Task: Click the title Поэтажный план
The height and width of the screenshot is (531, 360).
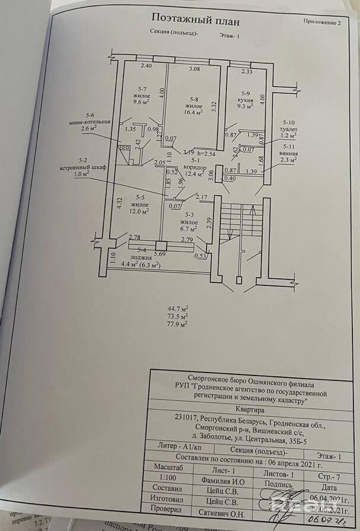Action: click(196, 21)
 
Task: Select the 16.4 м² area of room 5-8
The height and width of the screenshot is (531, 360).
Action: click(194, 111)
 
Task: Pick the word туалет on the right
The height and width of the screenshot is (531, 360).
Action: click(289, 129)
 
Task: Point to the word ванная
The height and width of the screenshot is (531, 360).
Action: click(289, 152)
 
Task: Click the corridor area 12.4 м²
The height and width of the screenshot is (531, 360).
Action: click(195, 174)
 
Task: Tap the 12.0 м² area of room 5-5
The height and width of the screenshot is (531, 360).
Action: click(140, 211)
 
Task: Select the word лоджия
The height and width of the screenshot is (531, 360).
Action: click(141, 258)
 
